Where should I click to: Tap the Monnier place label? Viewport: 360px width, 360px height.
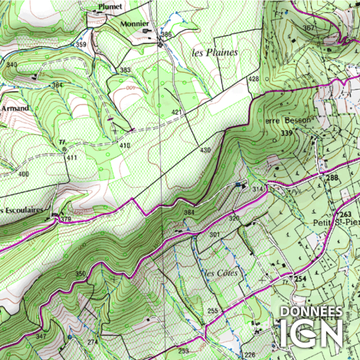(135, 24)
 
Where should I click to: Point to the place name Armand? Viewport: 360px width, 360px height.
(14, 109)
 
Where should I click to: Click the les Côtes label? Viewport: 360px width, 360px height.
(222, 273)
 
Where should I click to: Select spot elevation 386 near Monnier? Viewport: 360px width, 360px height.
(166, 35)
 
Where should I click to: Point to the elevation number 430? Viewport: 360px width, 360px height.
(205, 149)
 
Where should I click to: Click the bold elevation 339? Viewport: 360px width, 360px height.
(287, 134)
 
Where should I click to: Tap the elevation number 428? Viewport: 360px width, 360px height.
(253, 80)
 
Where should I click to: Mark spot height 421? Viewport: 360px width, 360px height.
(177, 113)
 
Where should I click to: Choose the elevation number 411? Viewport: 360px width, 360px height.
(72, 157)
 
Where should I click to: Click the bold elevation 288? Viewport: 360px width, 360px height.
(332, 178)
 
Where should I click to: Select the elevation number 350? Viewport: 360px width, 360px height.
(80, 273)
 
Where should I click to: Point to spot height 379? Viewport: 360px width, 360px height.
(66, 220)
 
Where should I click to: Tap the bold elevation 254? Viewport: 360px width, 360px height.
(301, 278)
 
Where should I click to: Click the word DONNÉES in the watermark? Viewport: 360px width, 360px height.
(310, 312)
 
